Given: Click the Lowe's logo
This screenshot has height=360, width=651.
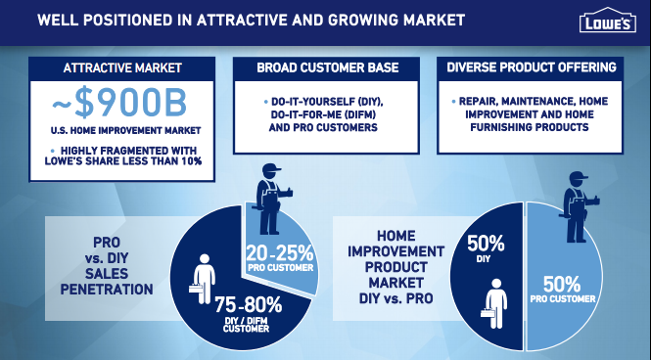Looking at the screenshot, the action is point(608,20).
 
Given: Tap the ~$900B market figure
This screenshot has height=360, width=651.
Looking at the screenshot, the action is point(119,104).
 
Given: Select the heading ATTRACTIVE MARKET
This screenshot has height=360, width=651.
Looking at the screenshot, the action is point(122,68).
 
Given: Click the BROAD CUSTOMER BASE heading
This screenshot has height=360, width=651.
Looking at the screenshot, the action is point(328,67).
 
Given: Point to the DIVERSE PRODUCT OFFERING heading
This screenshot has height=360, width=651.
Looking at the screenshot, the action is point(532,67).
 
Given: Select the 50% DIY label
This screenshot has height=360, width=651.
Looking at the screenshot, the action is point(486,248).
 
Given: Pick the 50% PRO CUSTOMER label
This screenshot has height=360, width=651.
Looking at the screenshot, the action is point(563,290).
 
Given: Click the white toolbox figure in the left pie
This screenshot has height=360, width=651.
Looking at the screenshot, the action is point(203,279).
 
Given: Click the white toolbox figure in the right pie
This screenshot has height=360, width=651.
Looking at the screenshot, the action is point(494,303).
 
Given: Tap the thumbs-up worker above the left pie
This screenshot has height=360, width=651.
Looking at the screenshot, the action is point(271,200).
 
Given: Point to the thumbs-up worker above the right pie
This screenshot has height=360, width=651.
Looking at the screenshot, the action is point(578,207).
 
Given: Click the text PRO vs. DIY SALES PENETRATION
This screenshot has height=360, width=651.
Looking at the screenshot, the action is point(107,265).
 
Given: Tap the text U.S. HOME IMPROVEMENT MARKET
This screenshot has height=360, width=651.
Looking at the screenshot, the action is point(126,131).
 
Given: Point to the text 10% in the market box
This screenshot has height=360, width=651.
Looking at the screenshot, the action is point(191,160).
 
